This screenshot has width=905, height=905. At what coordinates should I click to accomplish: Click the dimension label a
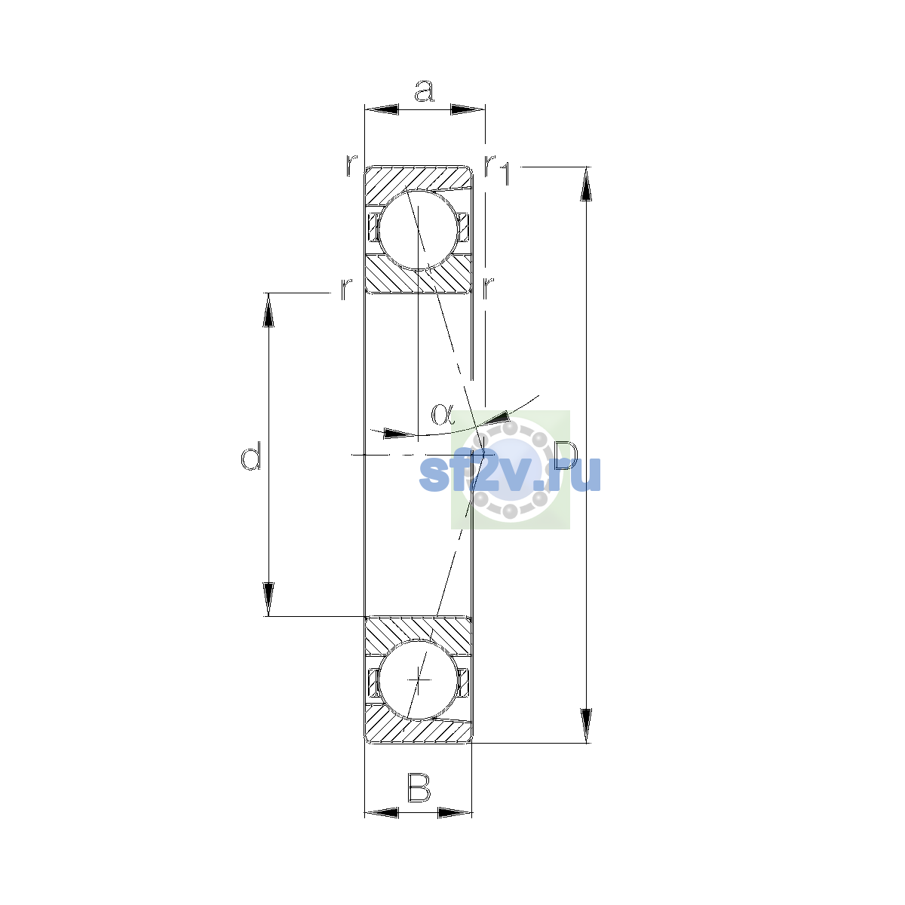[424, 90]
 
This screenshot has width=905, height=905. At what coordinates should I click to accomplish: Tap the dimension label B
[419, 787]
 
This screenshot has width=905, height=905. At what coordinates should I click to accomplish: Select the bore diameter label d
[250, 456]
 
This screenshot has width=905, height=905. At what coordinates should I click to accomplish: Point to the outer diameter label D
[566, 456]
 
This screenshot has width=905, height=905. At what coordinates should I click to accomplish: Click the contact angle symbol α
[443, 414]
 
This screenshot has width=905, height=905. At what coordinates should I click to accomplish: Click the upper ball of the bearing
[418, 230]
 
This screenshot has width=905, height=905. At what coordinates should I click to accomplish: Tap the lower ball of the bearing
[418, 680]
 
